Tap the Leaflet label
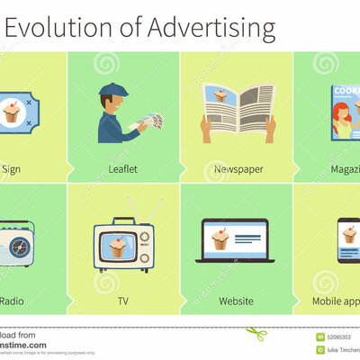coord(123,168)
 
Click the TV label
coord(123,301)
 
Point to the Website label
coord(237,301)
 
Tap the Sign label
coord(11,168)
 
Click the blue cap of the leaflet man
coord(113,89)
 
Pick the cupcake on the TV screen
coord(116,245)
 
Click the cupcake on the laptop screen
coord(220,238)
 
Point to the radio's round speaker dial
coord(21,246)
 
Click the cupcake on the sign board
coord(13,112)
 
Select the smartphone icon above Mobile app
coord(348,239)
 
